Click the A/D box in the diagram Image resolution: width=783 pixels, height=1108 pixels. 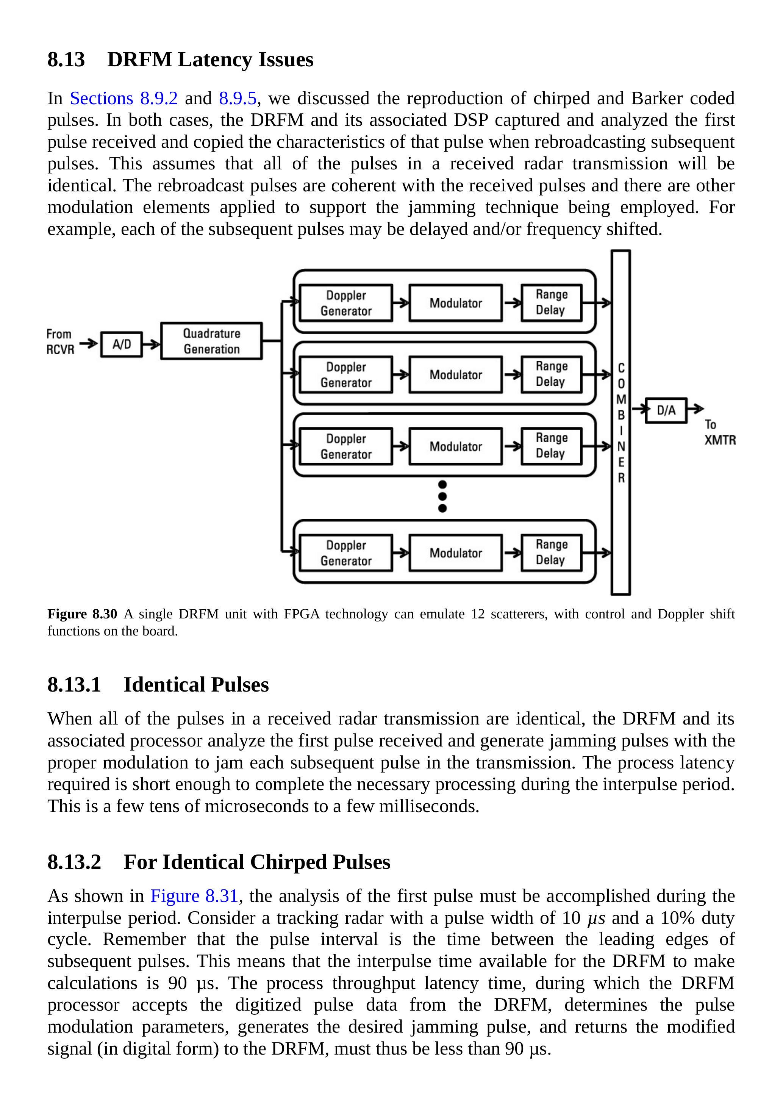(x=122, y=344)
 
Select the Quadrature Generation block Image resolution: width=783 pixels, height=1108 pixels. (x=211, y=341)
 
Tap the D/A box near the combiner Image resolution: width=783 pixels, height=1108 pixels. (x=666, y=411)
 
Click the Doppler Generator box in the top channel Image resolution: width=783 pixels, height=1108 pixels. (x=346, y=303)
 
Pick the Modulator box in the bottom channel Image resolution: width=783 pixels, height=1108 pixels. (x=455, y=553)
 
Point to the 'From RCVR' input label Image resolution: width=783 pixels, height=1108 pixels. (x=60, y=342)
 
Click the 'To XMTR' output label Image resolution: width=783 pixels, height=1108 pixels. (x=719, y=432)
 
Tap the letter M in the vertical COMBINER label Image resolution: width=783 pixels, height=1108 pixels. (x=621, y=399)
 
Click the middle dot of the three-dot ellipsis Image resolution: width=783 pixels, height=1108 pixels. (x=442, y=496)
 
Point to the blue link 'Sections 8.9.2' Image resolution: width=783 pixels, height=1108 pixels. (x=123, y=99)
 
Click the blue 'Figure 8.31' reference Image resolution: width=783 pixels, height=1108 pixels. (x=194, y=896)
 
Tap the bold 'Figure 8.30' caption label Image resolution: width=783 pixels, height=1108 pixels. (x=82, y=614)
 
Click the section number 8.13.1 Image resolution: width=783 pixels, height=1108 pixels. (x=74, y=685)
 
